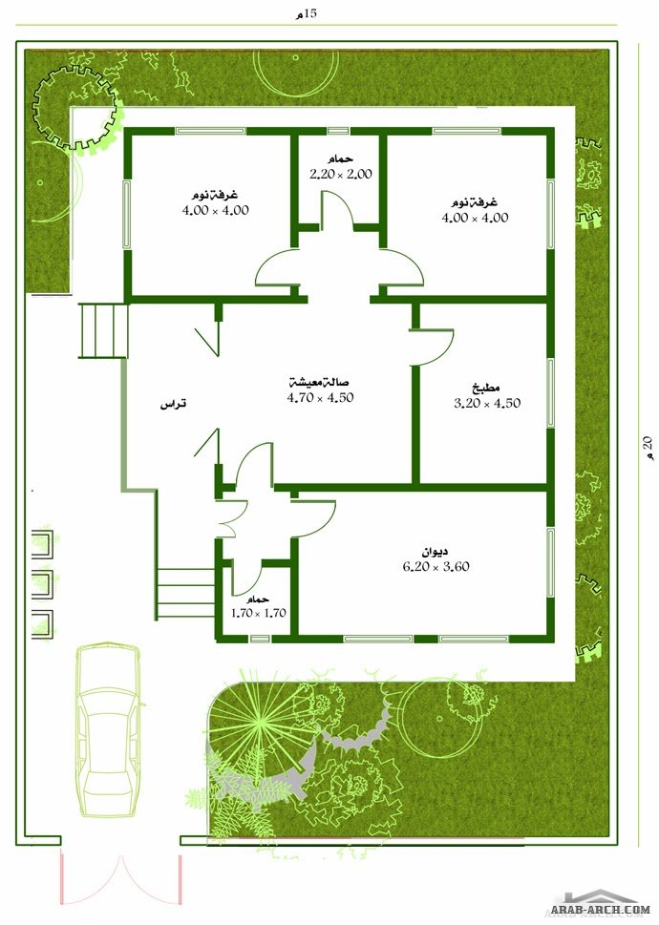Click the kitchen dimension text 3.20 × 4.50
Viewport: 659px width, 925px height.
click(487, 404)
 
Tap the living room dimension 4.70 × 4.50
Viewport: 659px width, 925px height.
click(320, 398)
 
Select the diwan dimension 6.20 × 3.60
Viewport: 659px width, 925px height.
click(436, 566)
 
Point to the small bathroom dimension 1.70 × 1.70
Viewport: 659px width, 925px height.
click(259, 613)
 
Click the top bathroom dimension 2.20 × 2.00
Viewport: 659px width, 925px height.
click(341, 174)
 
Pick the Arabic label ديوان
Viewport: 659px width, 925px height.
click(435, 552)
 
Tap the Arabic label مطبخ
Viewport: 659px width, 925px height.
click(487, 389)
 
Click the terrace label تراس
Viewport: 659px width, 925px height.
click(174, 405)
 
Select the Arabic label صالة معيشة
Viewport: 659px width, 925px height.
click(319, 382)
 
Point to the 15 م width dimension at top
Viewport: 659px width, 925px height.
click(307, 13)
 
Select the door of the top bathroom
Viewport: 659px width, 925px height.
click(336, 209)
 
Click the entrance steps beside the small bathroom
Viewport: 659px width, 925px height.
click(185, 594)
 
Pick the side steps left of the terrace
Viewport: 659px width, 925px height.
click(103, 330)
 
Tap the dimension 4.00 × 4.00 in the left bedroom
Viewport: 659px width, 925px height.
click(216, 210)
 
